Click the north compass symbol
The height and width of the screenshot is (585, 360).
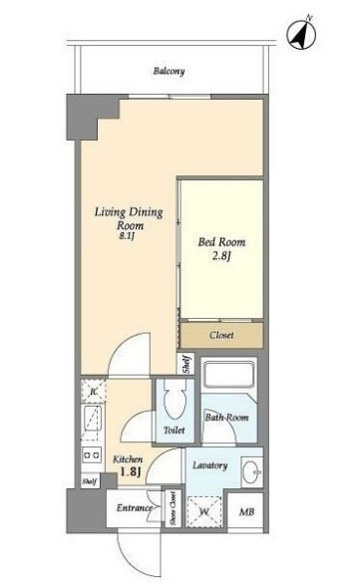click(x=301, y=34)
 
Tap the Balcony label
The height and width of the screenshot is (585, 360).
click(x=169, y=71)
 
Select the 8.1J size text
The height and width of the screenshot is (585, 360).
click(x=127, y=236)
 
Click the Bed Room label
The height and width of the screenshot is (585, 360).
click(x=221, y=242)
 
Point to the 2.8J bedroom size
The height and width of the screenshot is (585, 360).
click(x=221, y=256)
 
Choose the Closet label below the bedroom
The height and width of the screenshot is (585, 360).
click(x=221, y=335)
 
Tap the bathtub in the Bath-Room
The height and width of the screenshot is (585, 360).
click(x=229, y=375)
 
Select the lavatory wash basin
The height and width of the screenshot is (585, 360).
click(x=252, y=472)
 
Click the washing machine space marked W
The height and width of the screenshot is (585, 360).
click(x=203, y=511)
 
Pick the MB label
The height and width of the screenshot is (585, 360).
click(x=246, y=512)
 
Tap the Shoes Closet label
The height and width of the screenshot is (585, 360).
click(x=173, y=508)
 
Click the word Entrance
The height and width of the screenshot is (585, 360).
click(x=134, y=508)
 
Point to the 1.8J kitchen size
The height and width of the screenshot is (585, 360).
click(x=130, y=472)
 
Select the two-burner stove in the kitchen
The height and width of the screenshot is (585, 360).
click(x=92, y=455)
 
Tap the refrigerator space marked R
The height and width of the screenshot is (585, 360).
click(x=94, y=391)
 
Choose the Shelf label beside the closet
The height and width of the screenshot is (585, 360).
click(x=186, y=364)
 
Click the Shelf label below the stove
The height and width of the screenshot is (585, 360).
click(x=90, y=481)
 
